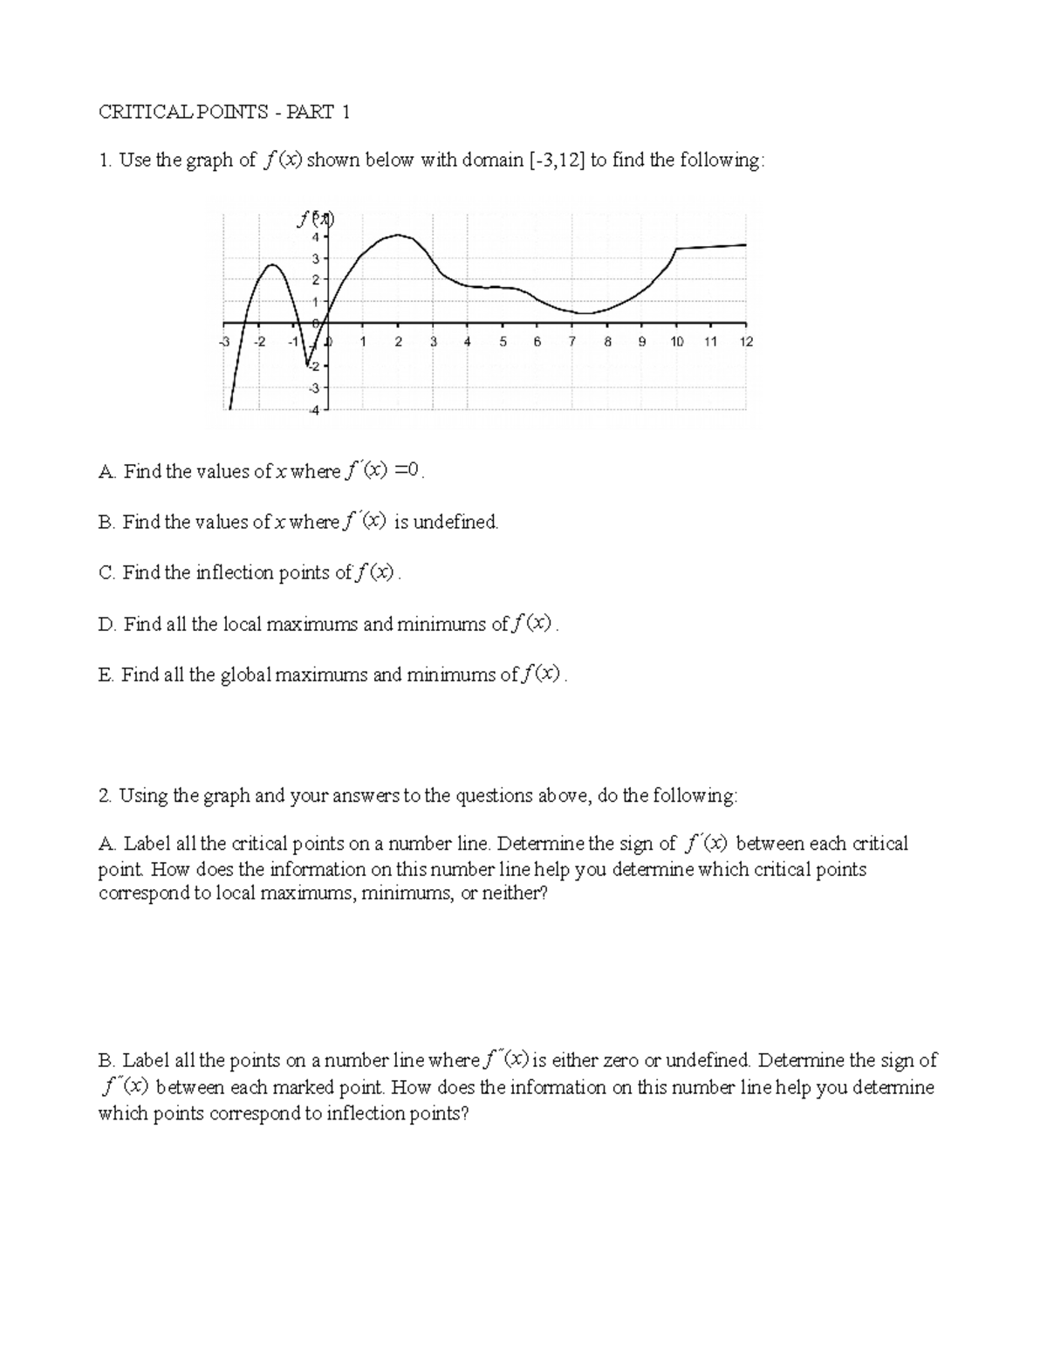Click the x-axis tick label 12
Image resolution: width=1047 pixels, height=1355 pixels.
tap(746, 342)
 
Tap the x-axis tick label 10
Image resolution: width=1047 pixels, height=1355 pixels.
tap(676, 342)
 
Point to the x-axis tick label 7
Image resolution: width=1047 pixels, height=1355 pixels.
tap(572, 342)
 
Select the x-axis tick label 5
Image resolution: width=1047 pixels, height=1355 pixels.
tap(503, 342)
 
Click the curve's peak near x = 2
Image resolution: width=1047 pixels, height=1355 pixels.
tap(399, 234)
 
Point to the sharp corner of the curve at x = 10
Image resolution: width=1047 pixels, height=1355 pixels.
tap(677, 249)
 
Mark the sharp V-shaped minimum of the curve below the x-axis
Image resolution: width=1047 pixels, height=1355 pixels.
tap(307, 364)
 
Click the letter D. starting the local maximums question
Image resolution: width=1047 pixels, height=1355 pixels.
tap(107, 624)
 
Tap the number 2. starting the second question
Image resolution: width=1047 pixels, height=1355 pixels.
tap(106, 796)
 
